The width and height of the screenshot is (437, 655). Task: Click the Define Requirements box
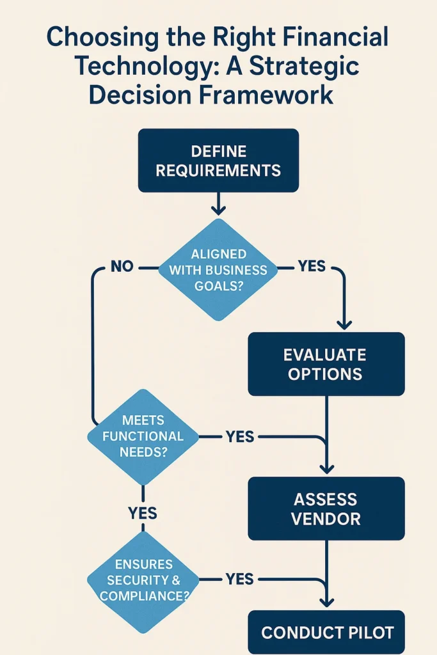[x=218, y=161]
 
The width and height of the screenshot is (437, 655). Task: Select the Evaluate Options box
[x=326, y=363]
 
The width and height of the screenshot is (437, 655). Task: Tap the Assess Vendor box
[x=326, y=509]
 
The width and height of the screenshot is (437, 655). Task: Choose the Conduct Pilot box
[x=327, y=633]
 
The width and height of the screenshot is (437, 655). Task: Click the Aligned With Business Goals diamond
[x=218, y=270]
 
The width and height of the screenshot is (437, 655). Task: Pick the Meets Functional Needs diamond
[x=143, y=437]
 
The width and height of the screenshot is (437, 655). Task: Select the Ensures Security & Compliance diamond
[x=143, y=580]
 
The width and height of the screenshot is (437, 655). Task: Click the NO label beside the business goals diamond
[x=122, y=267]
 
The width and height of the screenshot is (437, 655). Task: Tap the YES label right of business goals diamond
[x=312, y=266]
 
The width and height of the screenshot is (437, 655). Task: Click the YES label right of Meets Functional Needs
[x=240, y=437]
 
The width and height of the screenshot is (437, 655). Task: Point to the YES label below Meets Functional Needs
[x=143, y=513]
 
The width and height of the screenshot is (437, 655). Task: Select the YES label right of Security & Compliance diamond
[x=240, y=579]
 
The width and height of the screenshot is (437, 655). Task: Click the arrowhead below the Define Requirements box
[x=218, y=210]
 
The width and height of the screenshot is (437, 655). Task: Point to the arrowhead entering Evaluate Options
[x=344, y=324]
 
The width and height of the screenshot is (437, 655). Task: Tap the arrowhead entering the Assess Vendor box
[x=327, y=469]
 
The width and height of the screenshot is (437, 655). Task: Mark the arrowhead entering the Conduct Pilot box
[x=327, y=601]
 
